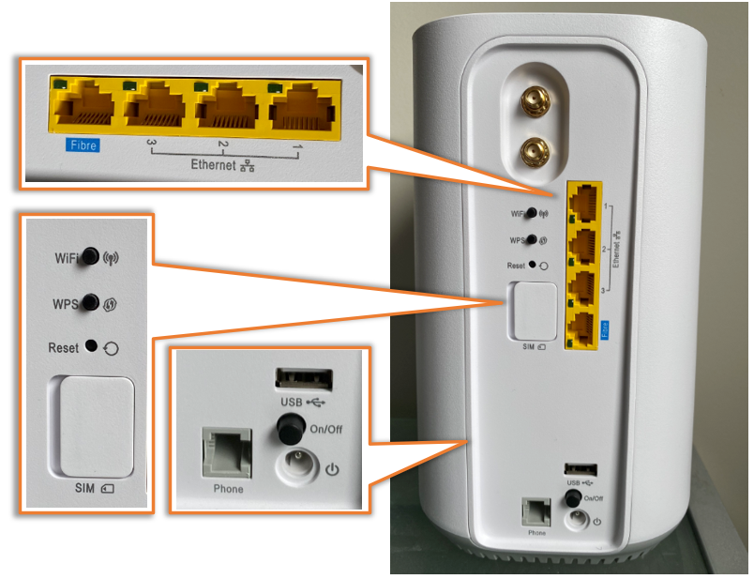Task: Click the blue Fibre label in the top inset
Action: point(82,145)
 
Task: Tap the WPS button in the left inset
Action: point(90,302)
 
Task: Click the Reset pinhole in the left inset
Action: point(91,346)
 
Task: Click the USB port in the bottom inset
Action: point(304,378)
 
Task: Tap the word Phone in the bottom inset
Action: point(228,489)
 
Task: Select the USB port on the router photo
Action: point(576,468)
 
